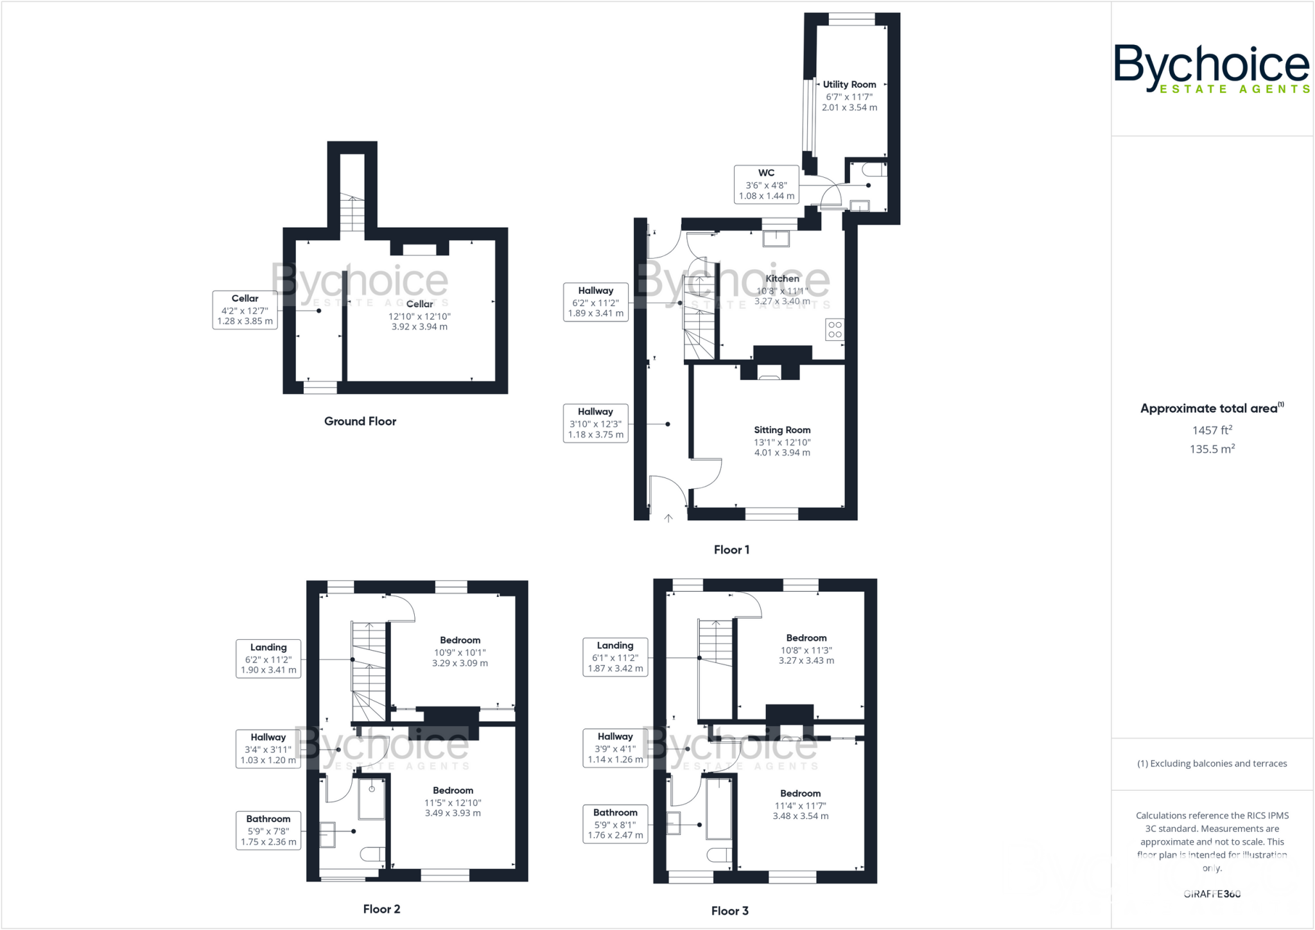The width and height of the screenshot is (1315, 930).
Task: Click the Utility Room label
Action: (849, 85)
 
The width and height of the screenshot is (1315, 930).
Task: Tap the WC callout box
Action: (766, 185)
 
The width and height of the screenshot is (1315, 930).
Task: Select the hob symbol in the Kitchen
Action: (835, 330)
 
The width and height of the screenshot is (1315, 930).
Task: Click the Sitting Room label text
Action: (781, 430)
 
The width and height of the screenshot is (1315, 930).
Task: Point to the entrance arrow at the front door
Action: (668, 518)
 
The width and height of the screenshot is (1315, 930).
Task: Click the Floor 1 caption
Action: (731, 550)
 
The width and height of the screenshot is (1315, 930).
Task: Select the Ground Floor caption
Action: (360, 422)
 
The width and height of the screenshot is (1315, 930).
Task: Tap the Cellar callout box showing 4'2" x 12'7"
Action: (245, 310)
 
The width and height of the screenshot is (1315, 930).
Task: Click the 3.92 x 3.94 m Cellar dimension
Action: (419, 327)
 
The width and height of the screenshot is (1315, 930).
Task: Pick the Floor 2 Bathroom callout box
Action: (268, 831)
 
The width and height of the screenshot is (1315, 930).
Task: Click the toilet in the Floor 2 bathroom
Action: (372, 854)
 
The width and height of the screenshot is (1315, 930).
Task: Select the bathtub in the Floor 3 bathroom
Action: (718, 809)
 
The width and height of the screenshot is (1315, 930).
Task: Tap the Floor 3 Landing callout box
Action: (614, 657)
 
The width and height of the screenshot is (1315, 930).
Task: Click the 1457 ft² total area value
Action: (1212, 431)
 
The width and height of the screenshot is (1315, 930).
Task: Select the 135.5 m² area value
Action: (1212, 449)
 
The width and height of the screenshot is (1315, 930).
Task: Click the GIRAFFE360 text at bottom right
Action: (1212, 894)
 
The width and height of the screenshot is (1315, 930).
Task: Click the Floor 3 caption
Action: (729, 911)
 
